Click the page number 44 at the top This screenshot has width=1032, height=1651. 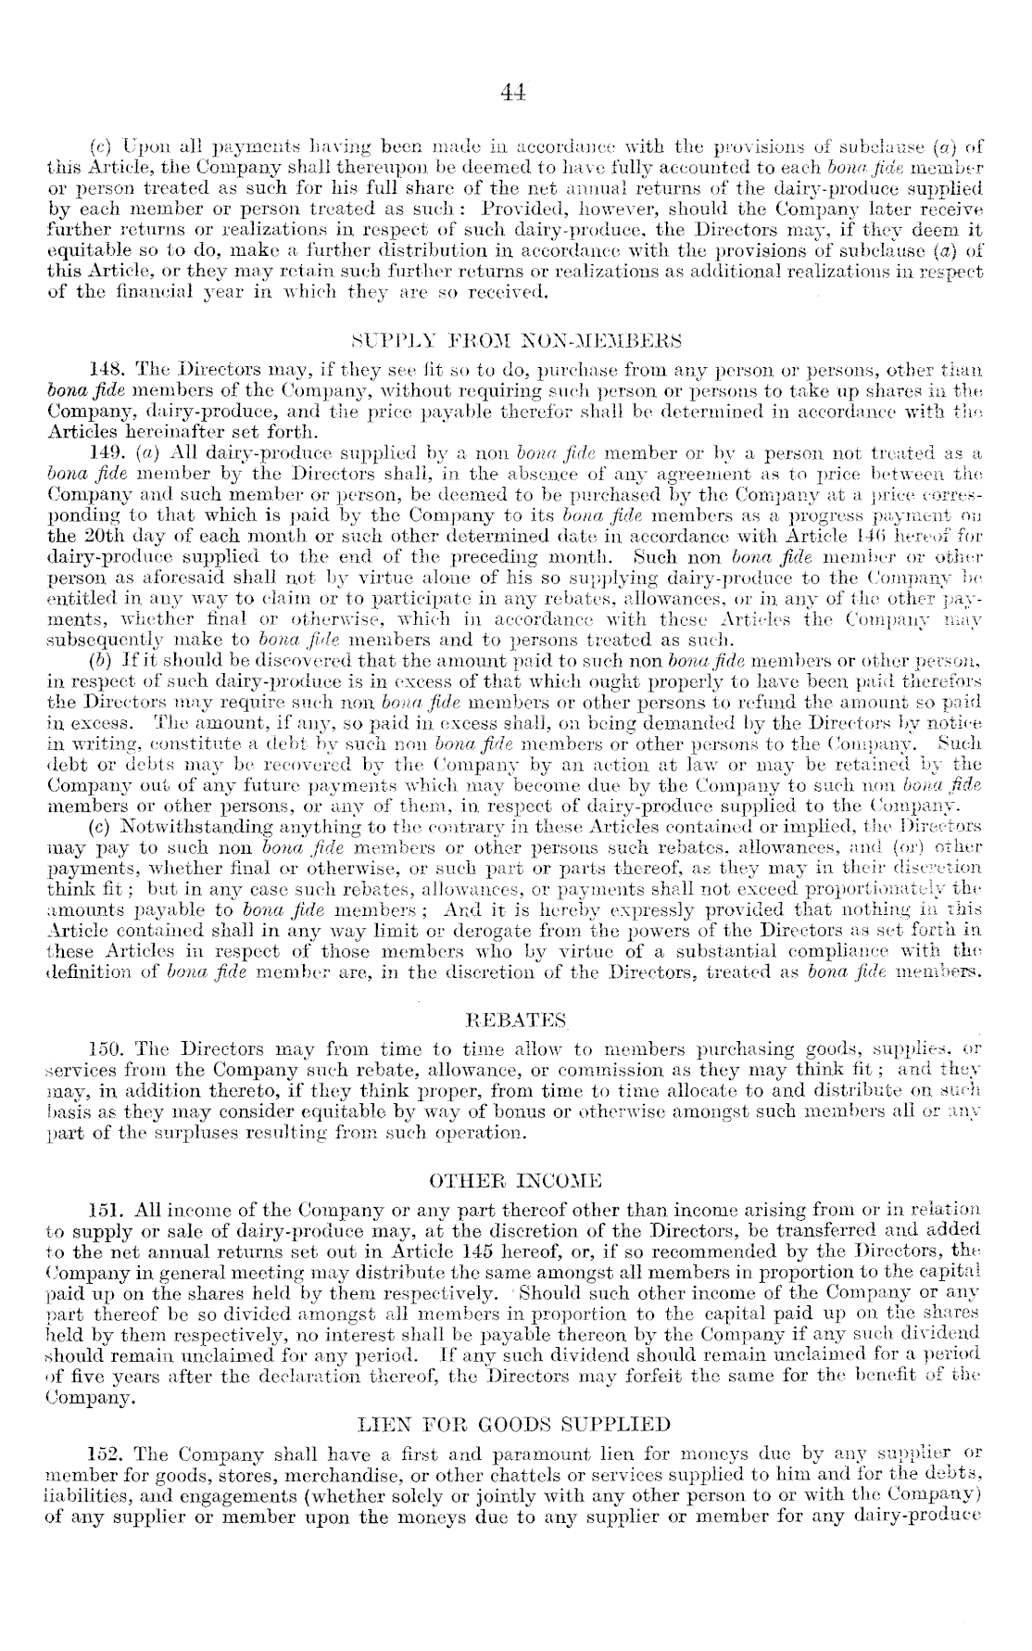click(x=513, y=91)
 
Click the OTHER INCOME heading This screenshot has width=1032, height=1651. click(x=516, y=1181)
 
